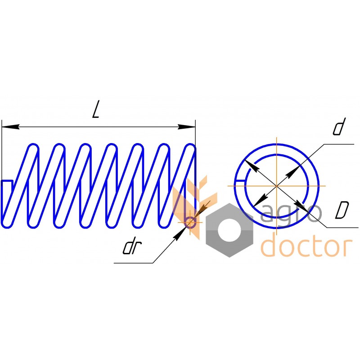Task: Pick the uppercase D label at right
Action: click(343, 210)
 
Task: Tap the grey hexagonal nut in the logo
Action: click(229, 230)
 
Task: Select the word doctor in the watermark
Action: click(306, 247)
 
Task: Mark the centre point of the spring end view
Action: click(276, 185)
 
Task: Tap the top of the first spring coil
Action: click(33, 146)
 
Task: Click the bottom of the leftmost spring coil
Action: click(8, 223)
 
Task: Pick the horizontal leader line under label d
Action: click(338, 144)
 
